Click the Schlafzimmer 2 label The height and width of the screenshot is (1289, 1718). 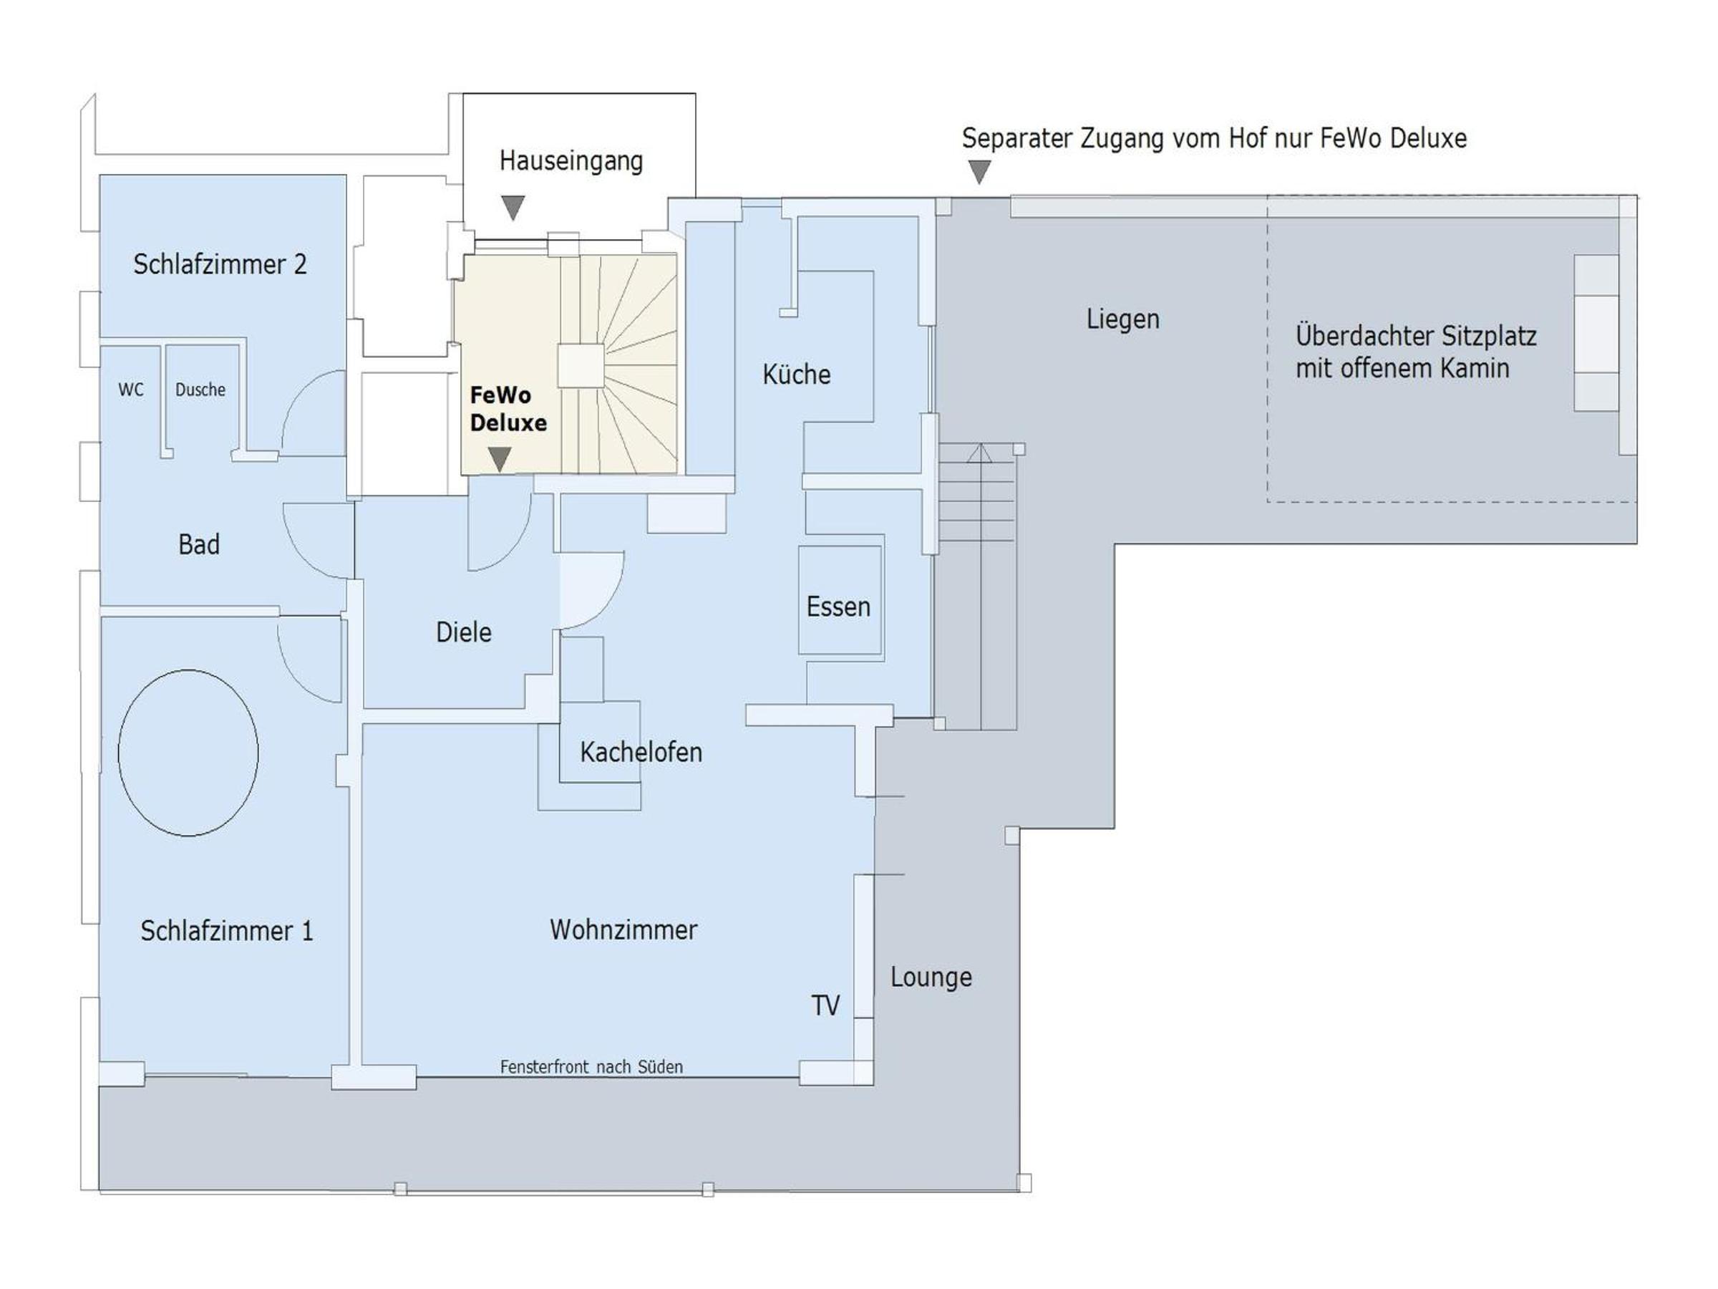pyautogui.click(x=220, y=264)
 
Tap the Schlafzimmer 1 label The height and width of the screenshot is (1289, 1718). pyautogui.click(x=227, y=930)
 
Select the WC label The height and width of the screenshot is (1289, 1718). pyautogui.click(x=130, y=390)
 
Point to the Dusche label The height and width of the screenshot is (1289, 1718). pyautogui.click(x=200, y=390)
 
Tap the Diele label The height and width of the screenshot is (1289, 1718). pyautogui.click(x=464, y=632)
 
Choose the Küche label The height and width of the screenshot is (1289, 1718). pyautogui.click(x=796, y=374)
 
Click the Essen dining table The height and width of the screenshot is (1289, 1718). pyautogui.click(x=840, y=599)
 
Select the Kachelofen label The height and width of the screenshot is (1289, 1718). pyautogui.click(x=641, y=751)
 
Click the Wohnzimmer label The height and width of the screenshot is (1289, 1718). pyautogui.click(x=623, y=930)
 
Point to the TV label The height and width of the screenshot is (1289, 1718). pyautogui.click(x=825, y=1005)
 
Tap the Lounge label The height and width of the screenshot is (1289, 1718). pyautogui.click(x=931, y=977)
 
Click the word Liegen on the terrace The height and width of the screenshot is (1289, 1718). pyautogui.click(x=1123, y=319)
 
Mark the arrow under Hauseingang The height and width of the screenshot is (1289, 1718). pyautogui.click(x=513, y=208)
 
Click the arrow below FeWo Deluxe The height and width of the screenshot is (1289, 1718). pyautogui.click(x=500, y=459)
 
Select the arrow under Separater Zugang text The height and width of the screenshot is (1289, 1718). pyautogui.click(x=980, y=172)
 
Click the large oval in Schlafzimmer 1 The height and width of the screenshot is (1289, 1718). pyautogui.click(x=188, y=753)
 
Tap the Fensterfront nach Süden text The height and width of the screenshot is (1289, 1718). pyautogui.click(x=592, y=1067)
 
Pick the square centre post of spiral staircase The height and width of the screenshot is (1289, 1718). pyautogui.click(x=580, y=366)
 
